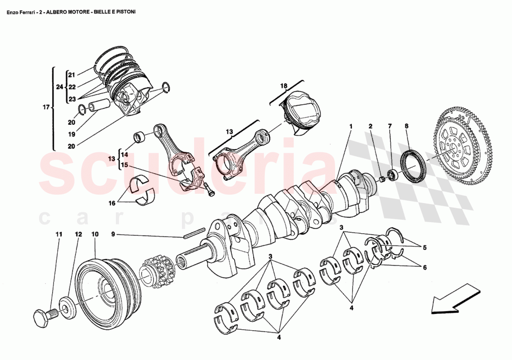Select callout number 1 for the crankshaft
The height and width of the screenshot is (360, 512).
click(x=351, y=126)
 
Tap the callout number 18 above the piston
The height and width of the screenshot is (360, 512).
click(x=284, y=86)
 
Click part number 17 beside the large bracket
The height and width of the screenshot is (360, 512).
click(x=46, y=108)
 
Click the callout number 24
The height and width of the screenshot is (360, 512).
click(x=59, y=87)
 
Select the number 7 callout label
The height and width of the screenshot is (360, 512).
click(x=390, y=126)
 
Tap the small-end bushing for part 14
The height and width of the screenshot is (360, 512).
click(x=139, y=137)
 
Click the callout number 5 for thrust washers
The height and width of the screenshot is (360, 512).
click(x=424, y=248)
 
